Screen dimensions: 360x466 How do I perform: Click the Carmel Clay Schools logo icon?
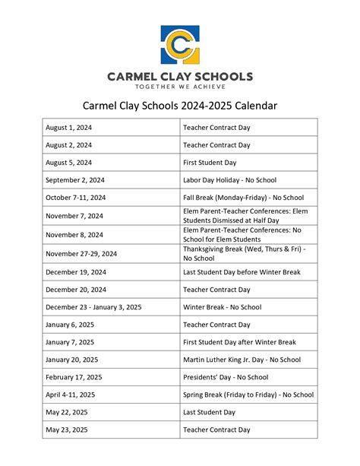[x=180, y=45]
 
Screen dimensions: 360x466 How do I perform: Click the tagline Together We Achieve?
[x=180, y=87]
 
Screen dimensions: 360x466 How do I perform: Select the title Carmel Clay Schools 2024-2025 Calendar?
[x=180, y=106]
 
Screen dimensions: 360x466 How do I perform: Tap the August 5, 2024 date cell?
[x=68, y=163]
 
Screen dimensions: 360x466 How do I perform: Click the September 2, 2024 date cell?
[x=76, y=180]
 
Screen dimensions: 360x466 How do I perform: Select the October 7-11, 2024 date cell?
[x=76, y=198]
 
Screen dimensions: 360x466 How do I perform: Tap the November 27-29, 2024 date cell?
[x=81, y=254]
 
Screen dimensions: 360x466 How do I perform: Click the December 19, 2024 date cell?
[x=76, y=272]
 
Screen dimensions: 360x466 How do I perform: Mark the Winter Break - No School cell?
[x=222, y=307]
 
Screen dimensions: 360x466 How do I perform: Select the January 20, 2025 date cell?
[x=74, y=360]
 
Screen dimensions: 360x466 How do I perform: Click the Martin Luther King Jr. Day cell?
[x=242, y=360]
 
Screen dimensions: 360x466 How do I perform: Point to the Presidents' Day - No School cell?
[x=226, y=377]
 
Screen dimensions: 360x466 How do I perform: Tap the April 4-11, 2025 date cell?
[x=71, y=395]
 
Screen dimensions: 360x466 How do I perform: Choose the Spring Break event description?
[x=248, y=395]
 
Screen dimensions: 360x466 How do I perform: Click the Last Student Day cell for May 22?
[x=209, y=412]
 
